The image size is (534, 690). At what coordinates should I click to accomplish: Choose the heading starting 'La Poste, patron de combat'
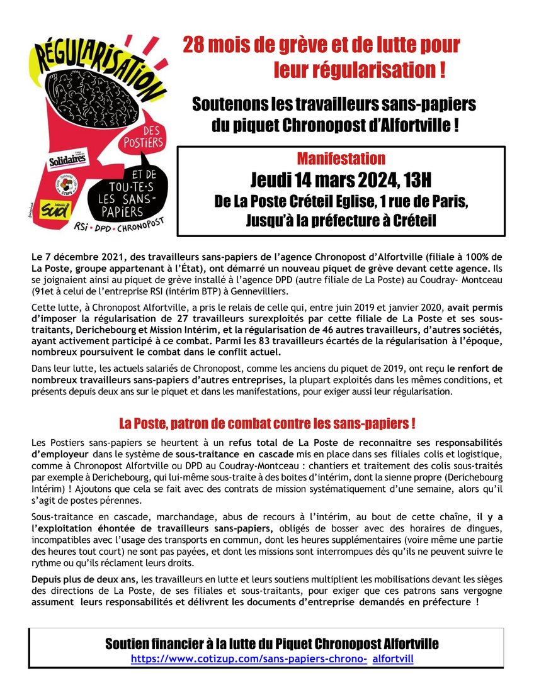pos(267,422)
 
